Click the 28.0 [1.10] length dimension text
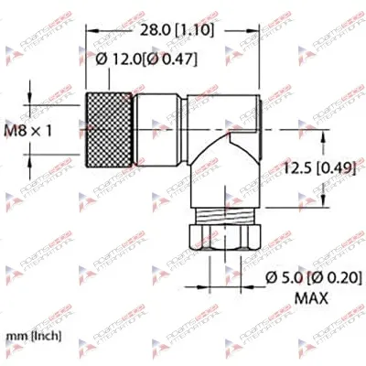tap(175, 30)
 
